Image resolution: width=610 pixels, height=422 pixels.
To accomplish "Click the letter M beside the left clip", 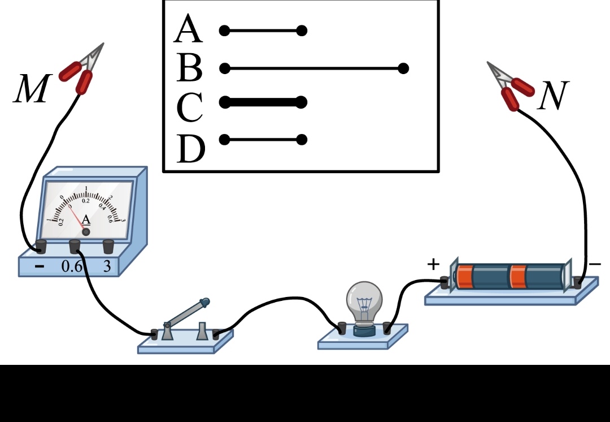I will click(x=31, y=90).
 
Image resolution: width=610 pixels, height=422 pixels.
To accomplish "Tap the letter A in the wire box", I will click(x=188, y=31).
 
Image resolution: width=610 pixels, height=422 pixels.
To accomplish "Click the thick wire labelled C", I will click(x=263, y=102).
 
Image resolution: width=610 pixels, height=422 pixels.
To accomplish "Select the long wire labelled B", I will click(x=313, y=68).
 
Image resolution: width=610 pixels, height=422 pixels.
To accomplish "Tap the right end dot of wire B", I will click(x=403, y=68).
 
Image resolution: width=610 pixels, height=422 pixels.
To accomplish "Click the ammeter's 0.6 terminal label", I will click(x=72, y=266).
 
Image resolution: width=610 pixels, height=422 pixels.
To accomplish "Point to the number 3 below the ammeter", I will click(x=107, y=266).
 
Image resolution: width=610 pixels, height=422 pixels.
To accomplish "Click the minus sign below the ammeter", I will click(x=39, y=266).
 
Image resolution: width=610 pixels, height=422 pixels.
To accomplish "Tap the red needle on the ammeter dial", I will click(x=78, y=218).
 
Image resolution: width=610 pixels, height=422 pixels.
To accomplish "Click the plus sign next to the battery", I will click(x=433, y=264).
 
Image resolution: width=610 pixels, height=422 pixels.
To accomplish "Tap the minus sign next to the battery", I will click(x=595, y=264).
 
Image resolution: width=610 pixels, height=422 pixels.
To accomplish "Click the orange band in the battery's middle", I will click(x=517, y=276).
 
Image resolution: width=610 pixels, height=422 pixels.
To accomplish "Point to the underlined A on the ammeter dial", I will click(x=86, y=219).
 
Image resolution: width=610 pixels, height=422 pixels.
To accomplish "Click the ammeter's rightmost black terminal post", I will click(x=108, y=246).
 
